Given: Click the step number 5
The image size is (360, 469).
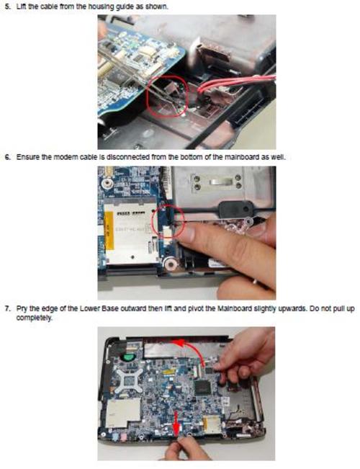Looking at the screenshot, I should pyautogui.click(x=8, y=6).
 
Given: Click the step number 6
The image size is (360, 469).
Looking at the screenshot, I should pyautogui.click(x=8, y=157).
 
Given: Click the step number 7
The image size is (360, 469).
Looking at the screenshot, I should pyautogui.click(x=8, y=308).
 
